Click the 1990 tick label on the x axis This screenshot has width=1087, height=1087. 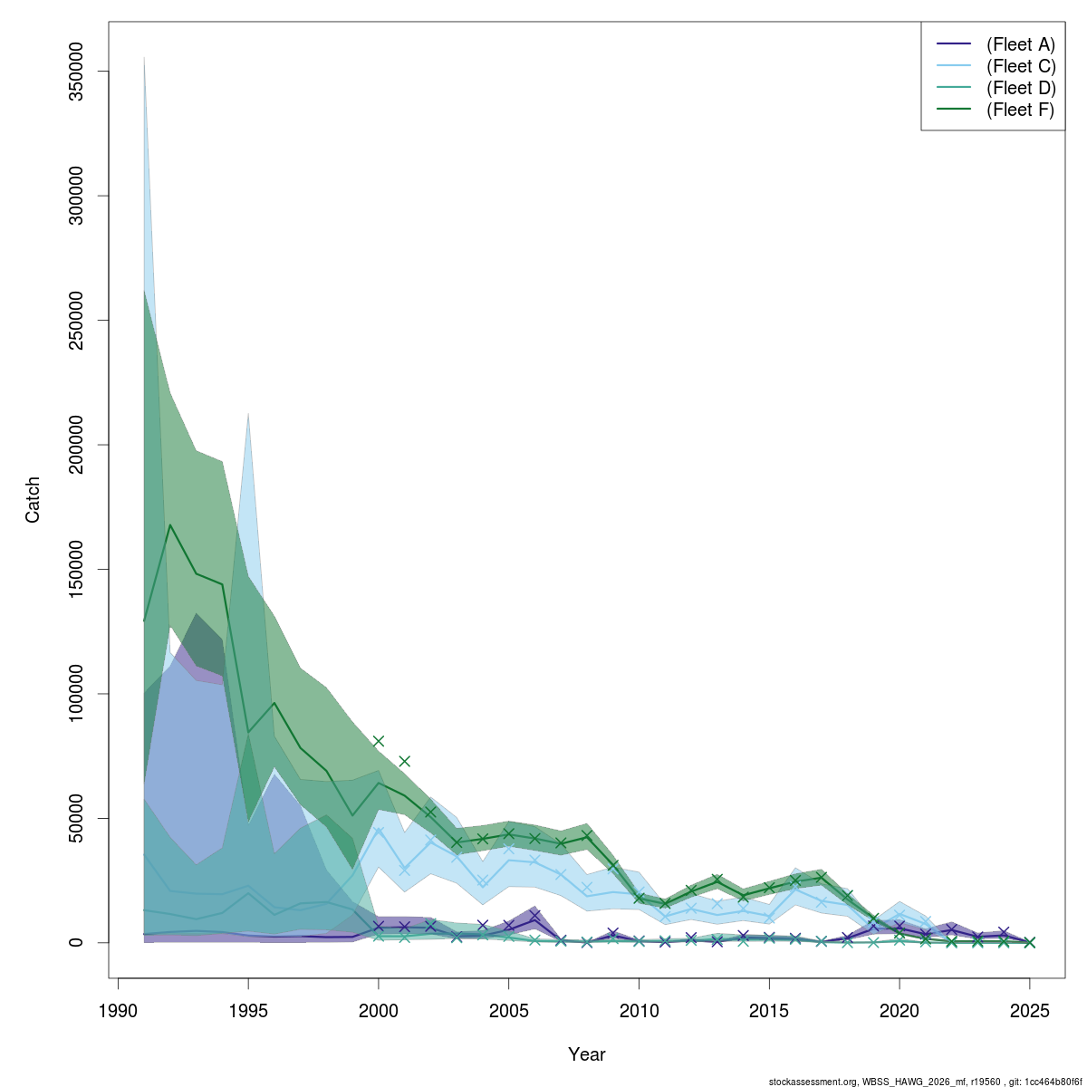119,1011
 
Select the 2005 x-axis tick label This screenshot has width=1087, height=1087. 509,1011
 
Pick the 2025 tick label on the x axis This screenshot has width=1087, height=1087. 1029,1011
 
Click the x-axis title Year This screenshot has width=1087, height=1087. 587,1054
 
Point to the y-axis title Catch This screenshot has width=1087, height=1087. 34,500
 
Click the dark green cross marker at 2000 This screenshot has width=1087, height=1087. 379,741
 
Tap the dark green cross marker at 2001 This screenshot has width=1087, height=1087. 405,761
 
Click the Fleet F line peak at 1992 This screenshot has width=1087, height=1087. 170,525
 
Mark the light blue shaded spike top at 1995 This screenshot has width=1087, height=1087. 248,414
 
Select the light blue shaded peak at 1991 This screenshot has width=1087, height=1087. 144,58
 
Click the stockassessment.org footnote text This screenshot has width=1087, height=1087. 925,1082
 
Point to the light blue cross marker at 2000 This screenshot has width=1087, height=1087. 379,830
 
